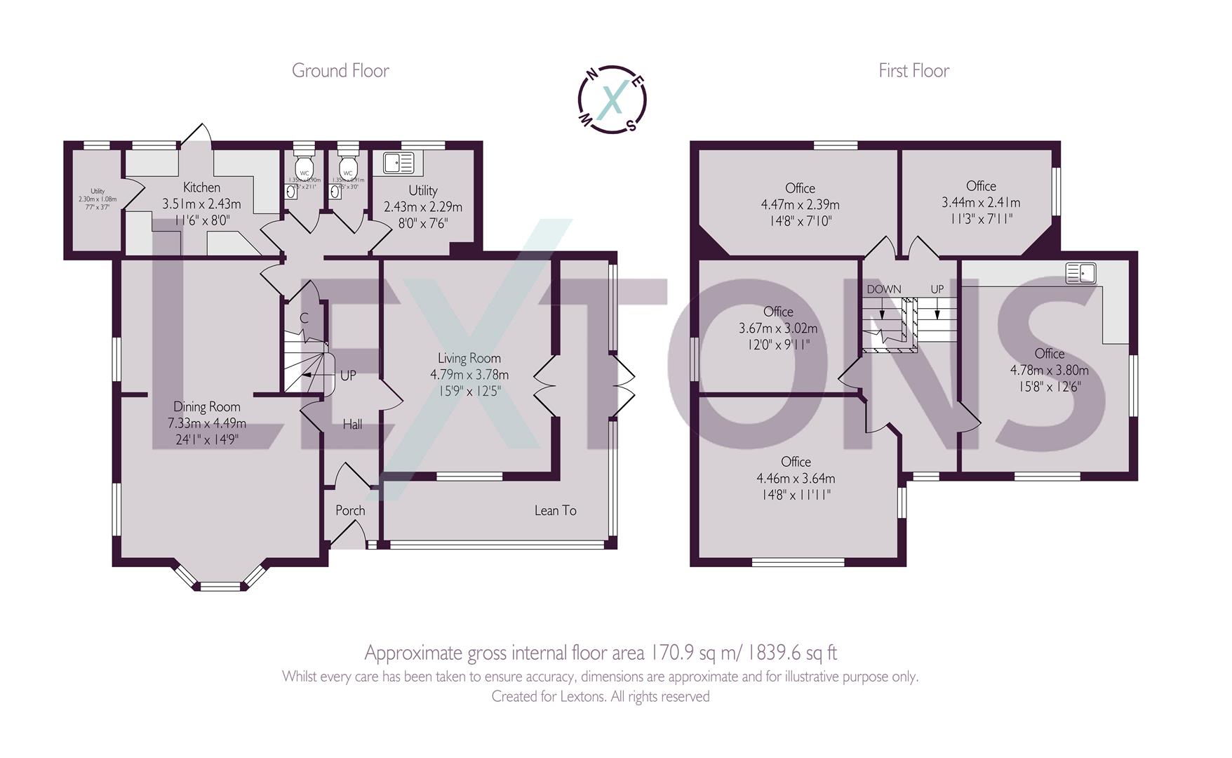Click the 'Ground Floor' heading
click(340, 71)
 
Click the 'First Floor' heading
click(913, 71)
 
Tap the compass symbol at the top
click(612, 100)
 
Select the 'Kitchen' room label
click(201, 187)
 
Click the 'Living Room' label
click(469, 359)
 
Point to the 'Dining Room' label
click(206, 406)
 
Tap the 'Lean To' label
click(555, 510)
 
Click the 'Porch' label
click(350, 510)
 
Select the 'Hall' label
click(352, 424)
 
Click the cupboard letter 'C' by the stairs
click(304, 318)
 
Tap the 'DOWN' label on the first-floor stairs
click(883, 289)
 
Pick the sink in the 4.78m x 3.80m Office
click(1081, 272)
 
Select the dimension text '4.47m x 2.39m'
click(800, 205)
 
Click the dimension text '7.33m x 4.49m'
click(206, 423)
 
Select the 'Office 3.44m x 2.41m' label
click(980, 186)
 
